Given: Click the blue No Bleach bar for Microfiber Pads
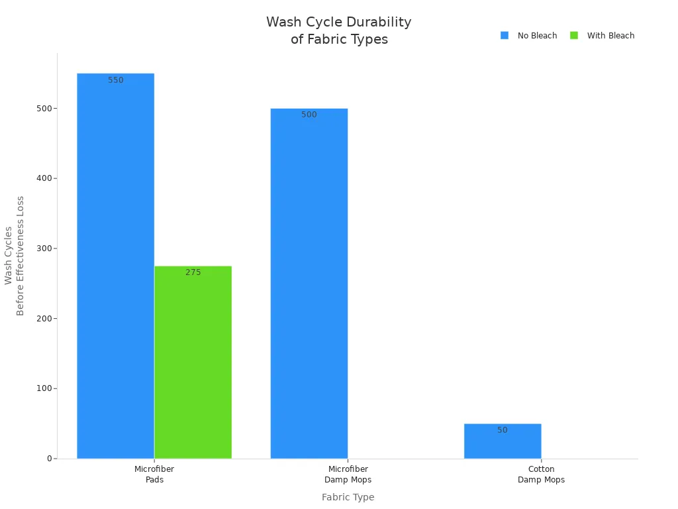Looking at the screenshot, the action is [115, 266].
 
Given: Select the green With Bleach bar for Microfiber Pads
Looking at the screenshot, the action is [193, 363].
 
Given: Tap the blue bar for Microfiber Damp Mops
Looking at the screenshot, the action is [309, 284].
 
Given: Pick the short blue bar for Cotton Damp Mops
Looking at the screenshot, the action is [503, 441].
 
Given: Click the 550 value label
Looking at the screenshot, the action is [116, 80].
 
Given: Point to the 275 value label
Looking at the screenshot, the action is [193, 272].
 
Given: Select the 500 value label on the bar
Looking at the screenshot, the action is [309, 115].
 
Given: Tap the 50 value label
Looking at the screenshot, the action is [503, 430].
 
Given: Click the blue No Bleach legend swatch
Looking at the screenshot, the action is [504, 36].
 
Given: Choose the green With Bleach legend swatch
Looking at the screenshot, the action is [574, 36].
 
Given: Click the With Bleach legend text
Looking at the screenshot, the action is [610, 36].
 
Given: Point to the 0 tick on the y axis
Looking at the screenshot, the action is [50, 459].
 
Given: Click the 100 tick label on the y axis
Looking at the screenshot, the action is [44, 388].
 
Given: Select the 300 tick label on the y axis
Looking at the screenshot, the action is [44, 249].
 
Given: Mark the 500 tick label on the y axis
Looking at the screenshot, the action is [44, 109].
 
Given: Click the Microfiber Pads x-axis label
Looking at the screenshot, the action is [154, 475].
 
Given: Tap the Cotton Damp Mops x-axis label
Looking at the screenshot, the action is [542, 475].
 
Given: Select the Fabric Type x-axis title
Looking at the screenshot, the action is [348, 497].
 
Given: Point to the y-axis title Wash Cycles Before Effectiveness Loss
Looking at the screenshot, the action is [15, 256].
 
